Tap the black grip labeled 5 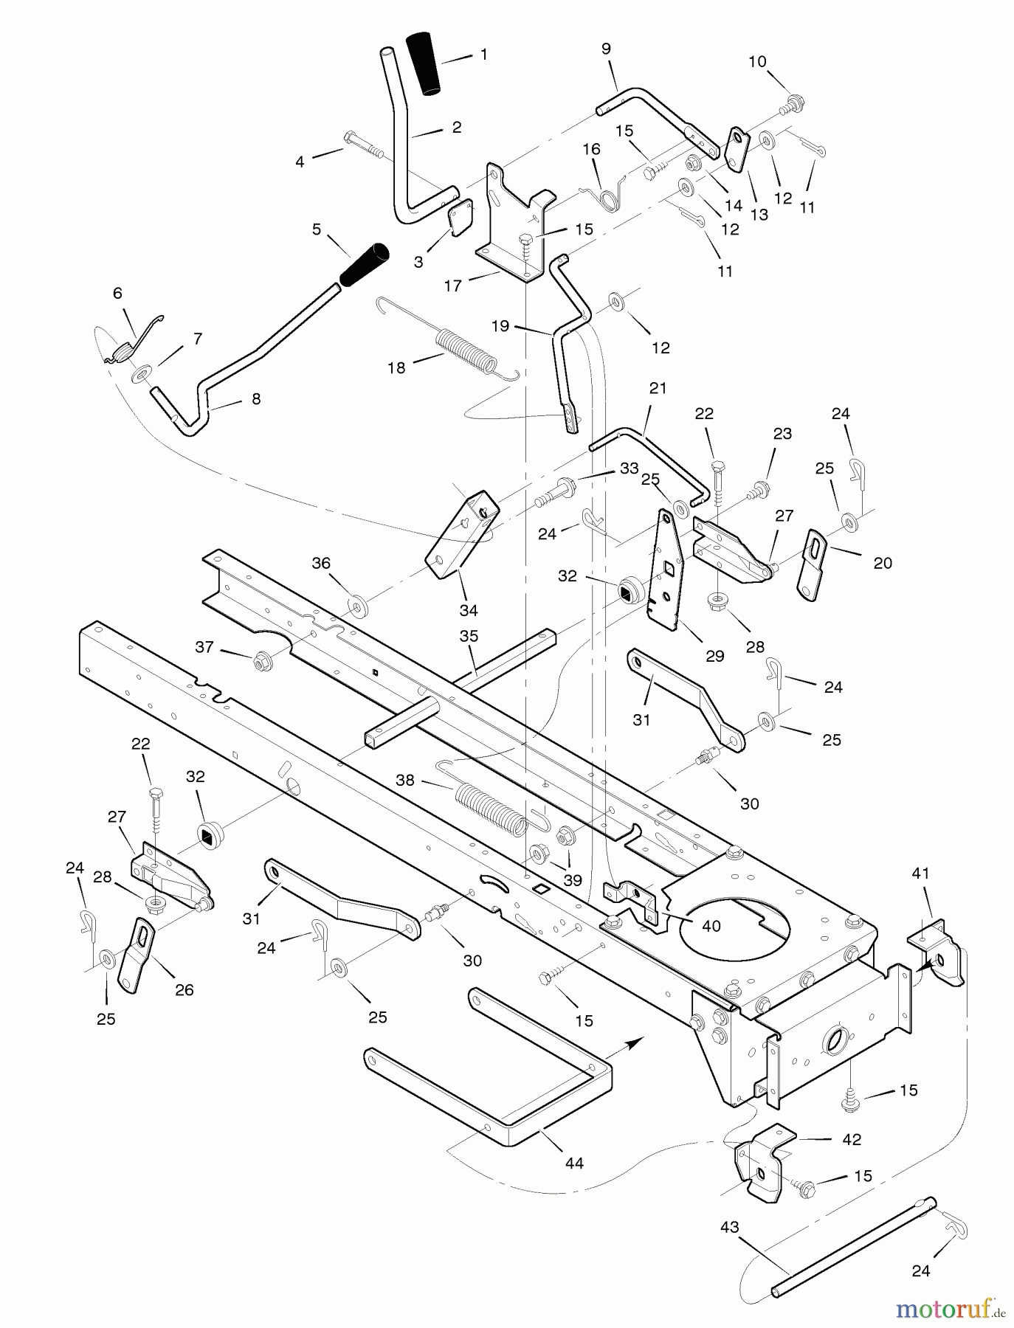coord(364,263)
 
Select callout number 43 coord(729,1226)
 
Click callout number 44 coord(574,1163)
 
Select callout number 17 coord(452,286)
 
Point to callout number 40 coord(711,925)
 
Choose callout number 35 coord(469,636)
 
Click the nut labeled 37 coord(261,660)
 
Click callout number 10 coord(758,62)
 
